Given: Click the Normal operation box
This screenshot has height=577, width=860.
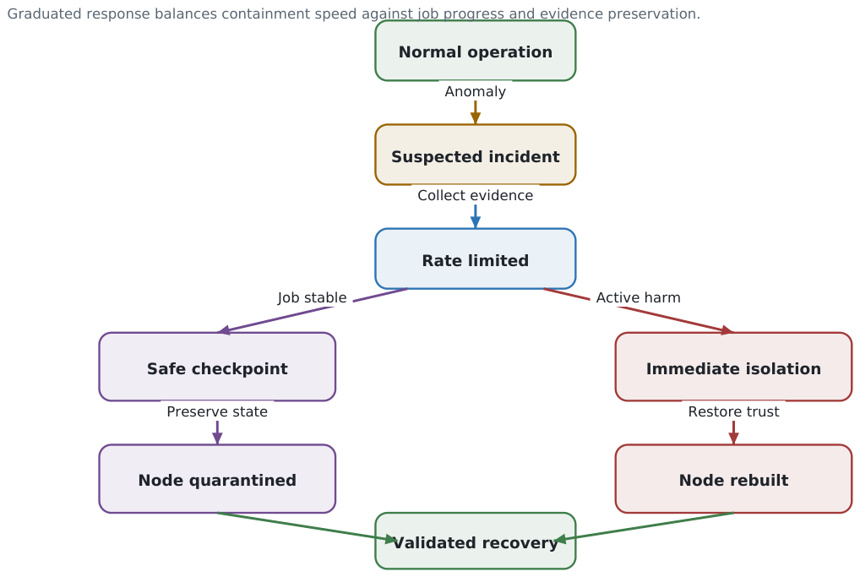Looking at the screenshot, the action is click(x=476, y=51).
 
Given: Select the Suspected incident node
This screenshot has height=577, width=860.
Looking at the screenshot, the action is click(x=476, y=155).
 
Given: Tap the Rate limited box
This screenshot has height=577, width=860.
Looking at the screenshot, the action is click(x=476, y=259).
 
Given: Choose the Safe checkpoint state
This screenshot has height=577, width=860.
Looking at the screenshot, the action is click(x=217, y=367).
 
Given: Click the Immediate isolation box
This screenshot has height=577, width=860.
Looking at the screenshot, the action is click(x=734, y=367).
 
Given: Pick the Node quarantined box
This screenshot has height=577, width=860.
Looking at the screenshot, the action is click(x=217, y=479).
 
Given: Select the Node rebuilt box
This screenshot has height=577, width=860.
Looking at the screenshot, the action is click(x=734, y=479).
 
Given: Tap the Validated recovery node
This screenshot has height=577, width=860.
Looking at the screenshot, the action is click(x=476, y=541).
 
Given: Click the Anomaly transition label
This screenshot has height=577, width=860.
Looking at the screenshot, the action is click(x=476, y=91).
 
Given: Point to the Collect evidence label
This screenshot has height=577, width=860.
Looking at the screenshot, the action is click(x=476, y=195).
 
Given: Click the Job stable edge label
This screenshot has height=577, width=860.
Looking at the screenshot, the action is click(x=312, y=297).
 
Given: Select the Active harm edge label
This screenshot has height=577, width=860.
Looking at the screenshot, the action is click(x=639, y=297).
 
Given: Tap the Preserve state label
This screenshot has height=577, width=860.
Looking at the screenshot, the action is click(x=217, y=411).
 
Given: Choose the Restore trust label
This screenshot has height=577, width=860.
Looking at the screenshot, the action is click(x=734, y=411).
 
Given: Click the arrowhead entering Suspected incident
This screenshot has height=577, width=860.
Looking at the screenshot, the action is click(x=476, y=118).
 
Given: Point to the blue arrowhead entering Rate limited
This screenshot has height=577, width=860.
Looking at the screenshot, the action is click(x=476, y=222).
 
